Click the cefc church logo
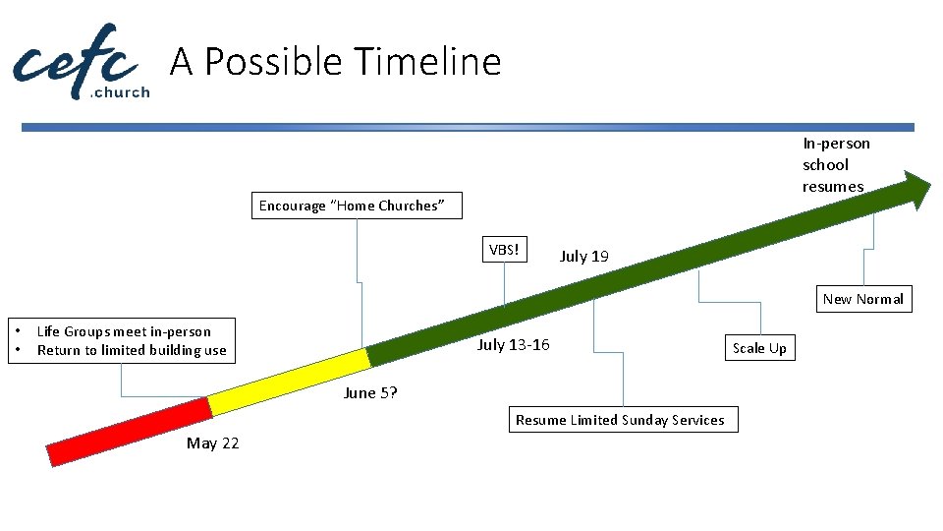[81, 61]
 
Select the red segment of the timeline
[128, 431]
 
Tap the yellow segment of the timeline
[287, 381]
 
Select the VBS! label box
[504, 250]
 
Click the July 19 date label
[583, 257]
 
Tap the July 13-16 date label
[513, 344]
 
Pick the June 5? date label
[370, 393]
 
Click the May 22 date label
[212, 443]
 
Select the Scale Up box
[759, 348]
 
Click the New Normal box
[862, 299]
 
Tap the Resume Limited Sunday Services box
[620, 420]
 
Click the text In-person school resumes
[835, 165]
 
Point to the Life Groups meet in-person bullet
[124, 331]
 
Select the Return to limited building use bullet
[132, 350]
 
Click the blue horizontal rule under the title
[468, 127]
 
